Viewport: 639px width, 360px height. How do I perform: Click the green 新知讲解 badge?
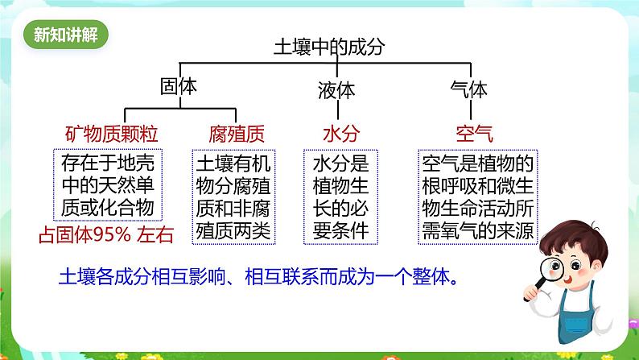click(x=66, y=35)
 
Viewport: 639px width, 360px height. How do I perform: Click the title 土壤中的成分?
click(x=329, y=47)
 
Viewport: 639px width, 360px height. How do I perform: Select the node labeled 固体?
click(x=179, y=86)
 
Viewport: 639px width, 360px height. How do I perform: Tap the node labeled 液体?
click(x=336, y=90)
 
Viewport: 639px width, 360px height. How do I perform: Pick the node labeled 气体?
click(x=468, y=89)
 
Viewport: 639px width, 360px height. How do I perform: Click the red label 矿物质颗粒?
click(x=111, y=134)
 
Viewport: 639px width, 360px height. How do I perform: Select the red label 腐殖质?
click(x=237, y=134)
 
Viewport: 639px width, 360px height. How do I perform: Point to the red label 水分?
click(x=341, y=134)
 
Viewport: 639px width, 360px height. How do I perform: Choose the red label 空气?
click(x=474, y=134)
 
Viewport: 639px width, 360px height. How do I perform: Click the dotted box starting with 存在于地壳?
click(x=108, y=184)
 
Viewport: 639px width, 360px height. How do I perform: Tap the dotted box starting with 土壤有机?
click(x=233, y=197)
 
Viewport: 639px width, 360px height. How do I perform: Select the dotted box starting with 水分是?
click(x=340, y=197)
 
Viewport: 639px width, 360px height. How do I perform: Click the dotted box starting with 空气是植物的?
click(x=478, y=197)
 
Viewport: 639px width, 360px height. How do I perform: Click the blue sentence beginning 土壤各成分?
click(x=259, y=277)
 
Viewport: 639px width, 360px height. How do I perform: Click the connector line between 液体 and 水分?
click(x=338, y=110)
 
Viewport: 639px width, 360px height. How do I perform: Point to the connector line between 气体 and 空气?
click(x=471, y=110)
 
